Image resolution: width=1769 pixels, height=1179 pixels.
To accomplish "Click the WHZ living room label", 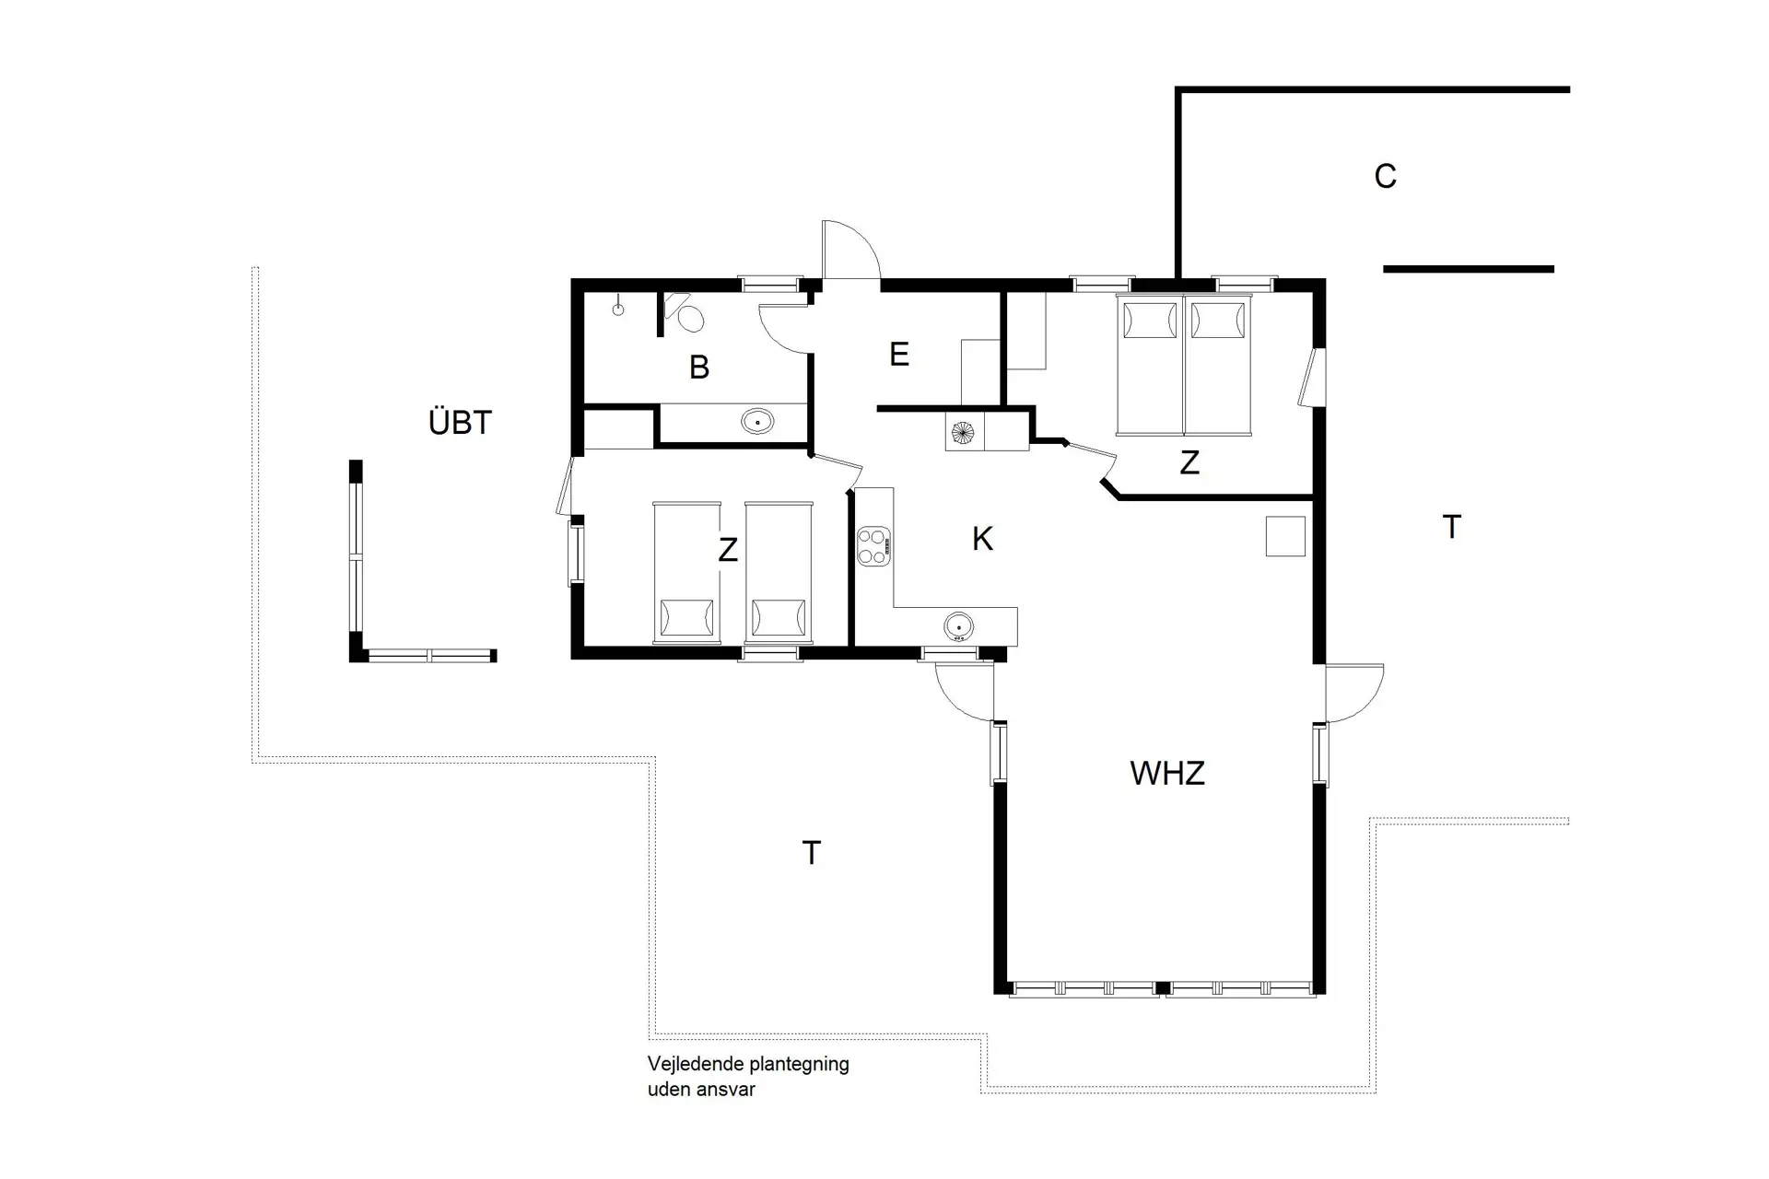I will [1166, 773].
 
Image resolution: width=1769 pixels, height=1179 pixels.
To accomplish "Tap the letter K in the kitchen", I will [982, 539].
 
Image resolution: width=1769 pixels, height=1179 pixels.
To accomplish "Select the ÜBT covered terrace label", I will [460, 423].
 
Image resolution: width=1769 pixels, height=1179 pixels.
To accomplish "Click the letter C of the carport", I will [1385, 176].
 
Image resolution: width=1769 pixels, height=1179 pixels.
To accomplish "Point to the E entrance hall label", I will [899, 355].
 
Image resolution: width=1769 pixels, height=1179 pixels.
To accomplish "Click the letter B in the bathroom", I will [699, 368].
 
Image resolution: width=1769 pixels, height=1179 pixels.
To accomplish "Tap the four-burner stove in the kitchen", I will [873, 545].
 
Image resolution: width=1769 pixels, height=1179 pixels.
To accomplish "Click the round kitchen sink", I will [958, 627].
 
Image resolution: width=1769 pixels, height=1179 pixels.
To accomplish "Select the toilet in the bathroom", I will [688, 316].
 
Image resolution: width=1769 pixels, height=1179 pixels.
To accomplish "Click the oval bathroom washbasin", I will [757, 423].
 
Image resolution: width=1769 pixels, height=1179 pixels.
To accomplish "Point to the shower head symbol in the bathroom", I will [618, 309].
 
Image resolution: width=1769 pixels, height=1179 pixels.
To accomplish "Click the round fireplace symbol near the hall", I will [963, 432].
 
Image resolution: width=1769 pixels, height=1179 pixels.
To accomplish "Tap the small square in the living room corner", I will [1284, 536].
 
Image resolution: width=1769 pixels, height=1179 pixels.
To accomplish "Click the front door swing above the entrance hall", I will [852, 249].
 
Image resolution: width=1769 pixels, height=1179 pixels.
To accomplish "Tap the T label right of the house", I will [1451, 528].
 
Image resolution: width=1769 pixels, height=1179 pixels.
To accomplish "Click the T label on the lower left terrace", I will [811, 854].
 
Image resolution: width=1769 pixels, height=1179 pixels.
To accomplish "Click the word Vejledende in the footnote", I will [696, 1065].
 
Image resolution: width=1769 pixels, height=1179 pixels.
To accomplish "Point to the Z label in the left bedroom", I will [728, 551].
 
